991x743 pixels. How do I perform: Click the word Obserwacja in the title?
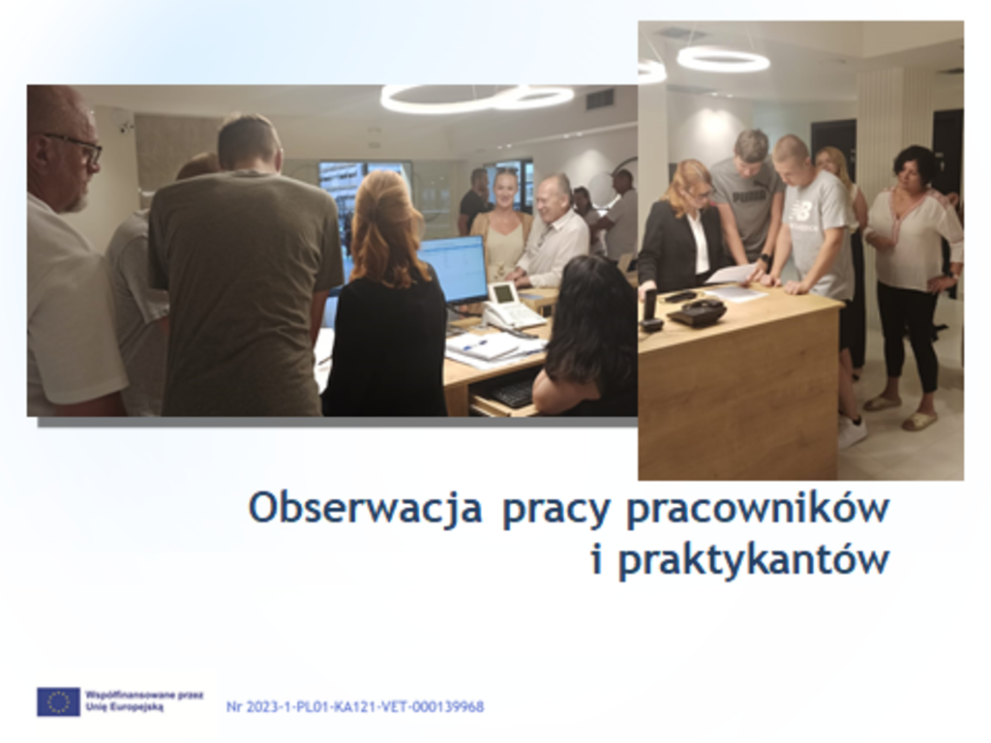365,508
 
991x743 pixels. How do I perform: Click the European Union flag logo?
58,702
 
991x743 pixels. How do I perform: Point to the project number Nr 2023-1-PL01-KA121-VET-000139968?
355,706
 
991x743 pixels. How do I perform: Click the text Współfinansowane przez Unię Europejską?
144,701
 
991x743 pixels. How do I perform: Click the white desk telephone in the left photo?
512,306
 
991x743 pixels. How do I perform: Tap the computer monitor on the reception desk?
453,271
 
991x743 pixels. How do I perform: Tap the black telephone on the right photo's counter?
696,312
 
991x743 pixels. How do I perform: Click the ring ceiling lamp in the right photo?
723,60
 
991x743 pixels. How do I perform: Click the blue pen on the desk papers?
474,344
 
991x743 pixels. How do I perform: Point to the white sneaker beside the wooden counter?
852,431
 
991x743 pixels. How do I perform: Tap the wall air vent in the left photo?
600,100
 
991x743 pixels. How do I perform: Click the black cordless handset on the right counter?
649,311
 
